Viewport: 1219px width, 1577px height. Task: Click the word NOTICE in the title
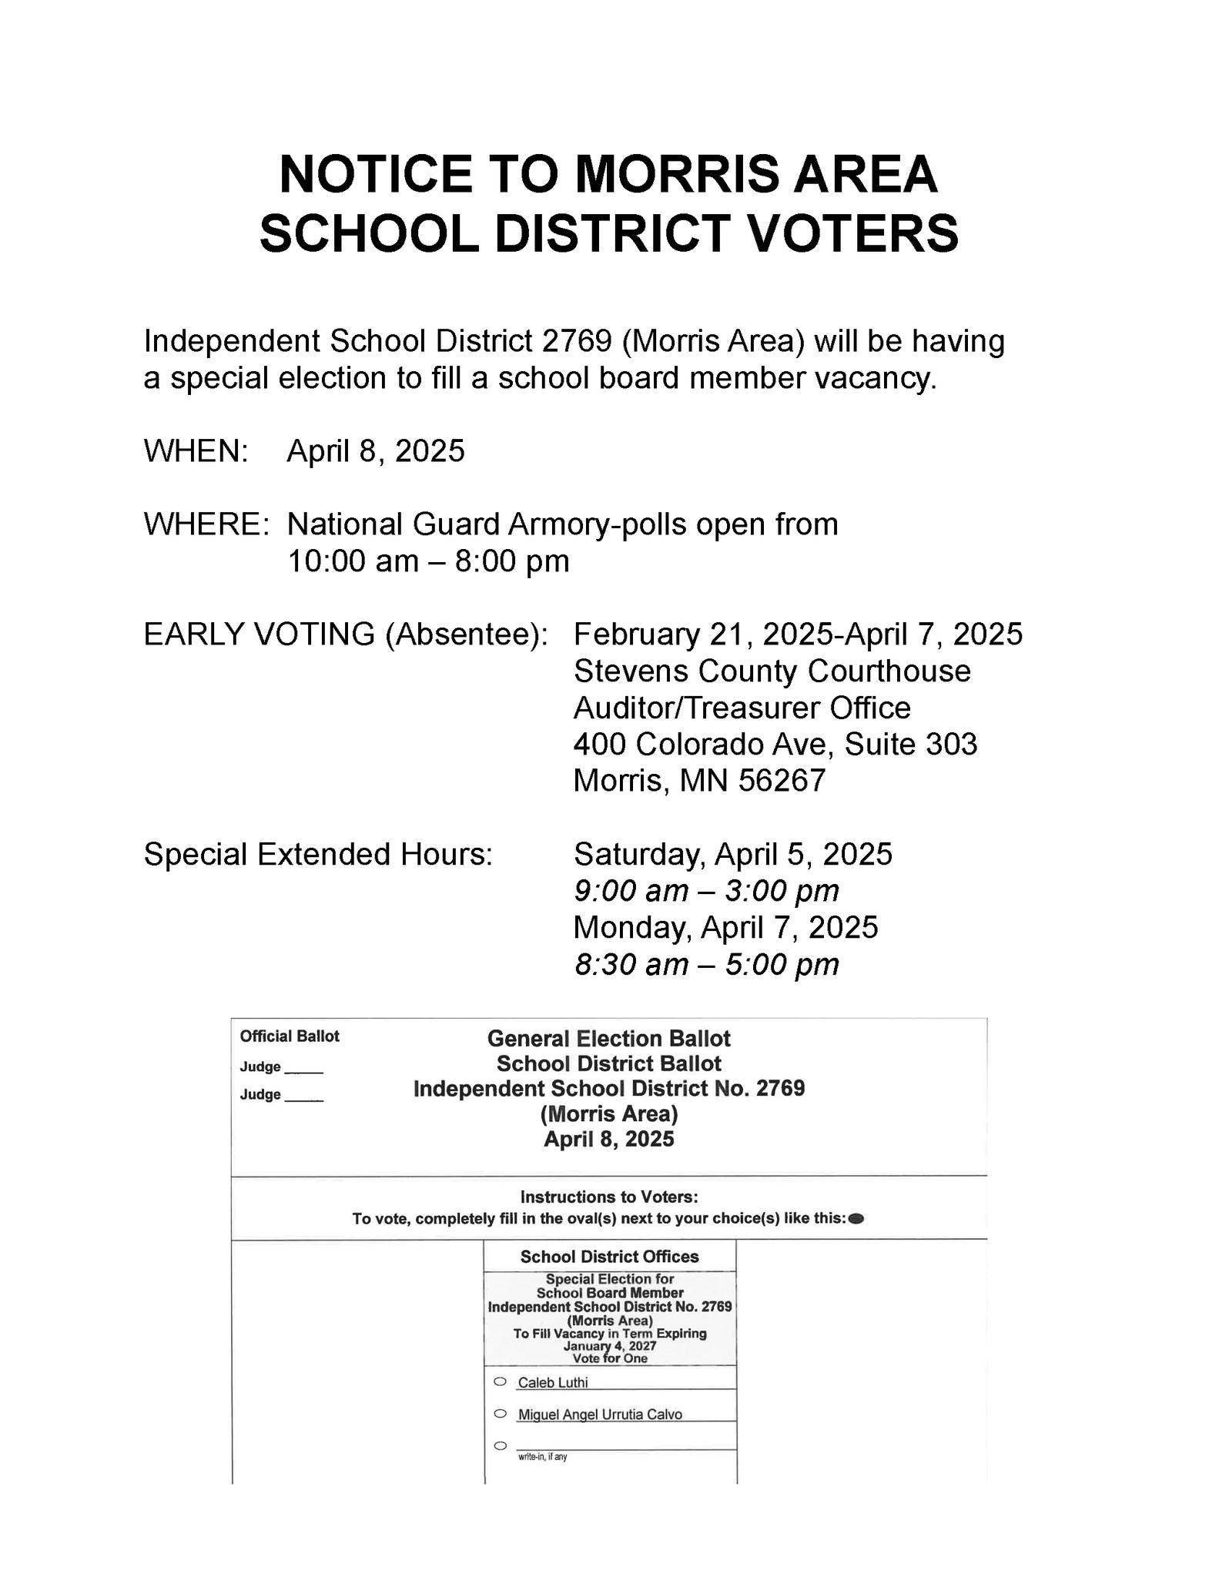pyautogui.click(x=376, y=174)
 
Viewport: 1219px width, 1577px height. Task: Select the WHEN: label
pyautogui.click(x=196, y=451)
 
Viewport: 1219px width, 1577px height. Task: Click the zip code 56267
pyautogui.click(x=782, y=781)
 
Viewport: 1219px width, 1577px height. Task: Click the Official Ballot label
pyautogui.click(x=290, y=1036)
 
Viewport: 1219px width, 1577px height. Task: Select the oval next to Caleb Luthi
pyautogui.click(x=500, y=1381)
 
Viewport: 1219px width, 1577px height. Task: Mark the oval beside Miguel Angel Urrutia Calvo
pyautogui.click(x=500, y=1414)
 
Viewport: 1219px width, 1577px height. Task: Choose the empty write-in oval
pyautogui.click(x=500, y=1445)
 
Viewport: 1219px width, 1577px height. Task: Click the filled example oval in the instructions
pyautogui.click(x=856, y=1219)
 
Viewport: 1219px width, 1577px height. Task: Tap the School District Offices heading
pyautogui.click(x=609, y=1257)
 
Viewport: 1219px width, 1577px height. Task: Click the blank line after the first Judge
pyautogui.click(x=304, y=1070)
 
